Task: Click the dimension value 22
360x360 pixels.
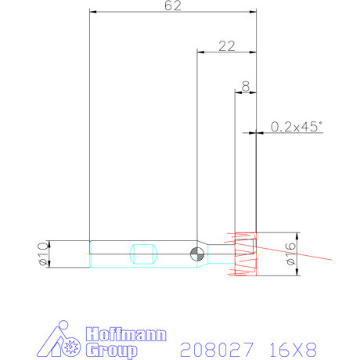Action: (x=227, y=46)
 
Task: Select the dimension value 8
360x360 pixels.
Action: (x=246, y=86)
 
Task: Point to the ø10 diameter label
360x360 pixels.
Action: (x=42, y=253)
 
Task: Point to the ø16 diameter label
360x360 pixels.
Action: (x=291, y=254)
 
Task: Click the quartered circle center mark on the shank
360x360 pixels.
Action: (x=196, y=252)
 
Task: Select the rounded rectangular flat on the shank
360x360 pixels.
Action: (x=142, y=253)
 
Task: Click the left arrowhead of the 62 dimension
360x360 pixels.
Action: (x=93, y=12)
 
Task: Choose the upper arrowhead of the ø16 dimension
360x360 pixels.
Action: (x=297, y=235)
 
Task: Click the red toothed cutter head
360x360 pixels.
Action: (x=245, y=254)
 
